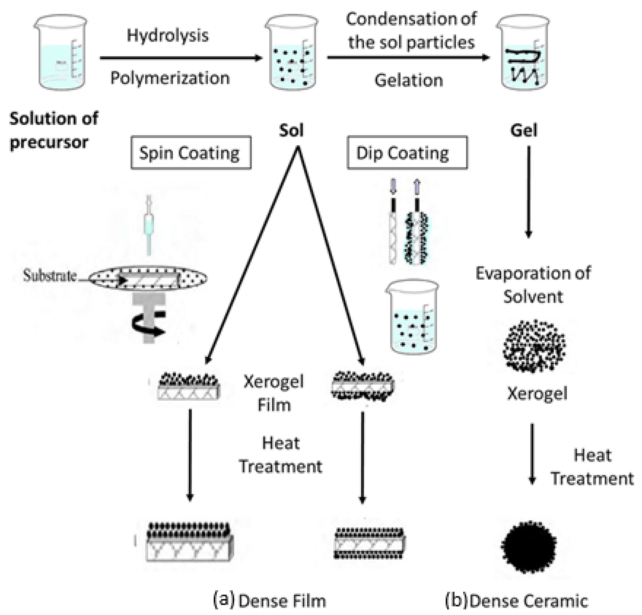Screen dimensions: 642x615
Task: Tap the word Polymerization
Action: click(170, 78)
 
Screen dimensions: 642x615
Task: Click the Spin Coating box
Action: click(191, 153)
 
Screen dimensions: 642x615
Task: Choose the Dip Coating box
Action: click(407, 153)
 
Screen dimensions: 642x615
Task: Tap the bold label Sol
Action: click(291, 130)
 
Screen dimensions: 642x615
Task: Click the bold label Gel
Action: click(523, 130)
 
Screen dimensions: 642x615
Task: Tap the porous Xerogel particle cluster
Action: click(534, 346)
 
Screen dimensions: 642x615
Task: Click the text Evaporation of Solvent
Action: click(533, 285)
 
